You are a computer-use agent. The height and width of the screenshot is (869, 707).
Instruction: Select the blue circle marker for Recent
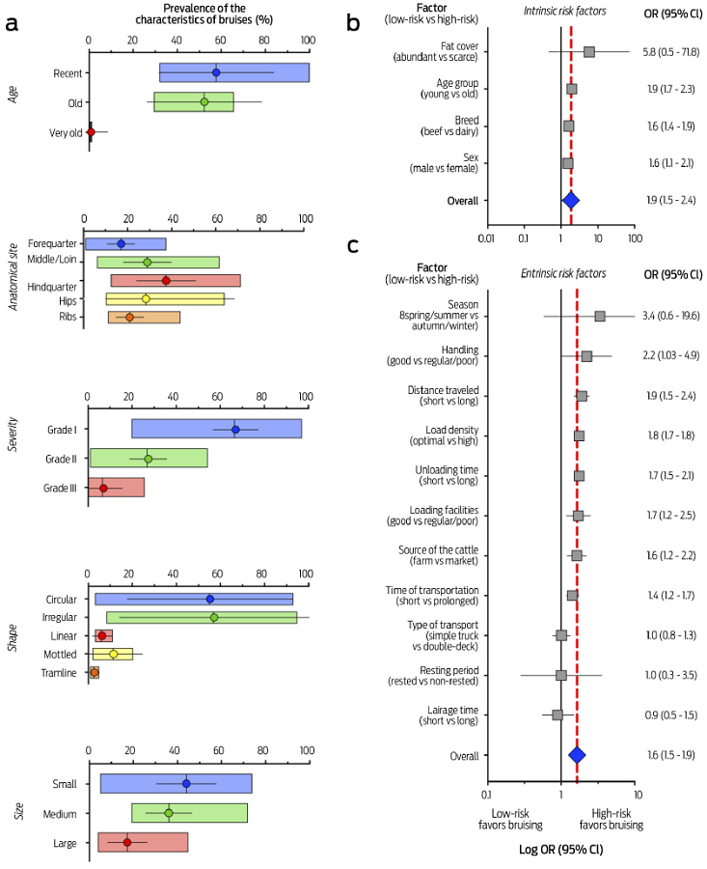coord(216,72)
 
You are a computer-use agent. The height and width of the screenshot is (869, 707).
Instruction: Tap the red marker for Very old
coord(91,131)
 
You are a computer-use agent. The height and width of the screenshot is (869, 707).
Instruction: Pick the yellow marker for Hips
coord(146,299)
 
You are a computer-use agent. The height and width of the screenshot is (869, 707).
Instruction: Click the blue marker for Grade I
coord(235,430)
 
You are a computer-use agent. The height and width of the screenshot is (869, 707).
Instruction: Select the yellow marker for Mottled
coord(114,654)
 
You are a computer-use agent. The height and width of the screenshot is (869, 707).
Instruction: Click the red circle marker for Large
coord(127,842)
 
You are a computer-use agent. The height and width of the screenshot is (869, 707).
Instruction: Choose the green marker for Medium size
coord(169,813)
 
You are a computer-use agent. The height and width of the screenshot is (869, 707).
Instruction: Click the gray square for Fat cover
coord(589,51)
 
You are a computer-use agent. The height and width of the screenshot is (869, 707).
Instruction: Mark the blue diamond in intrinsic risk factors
coord(570,200)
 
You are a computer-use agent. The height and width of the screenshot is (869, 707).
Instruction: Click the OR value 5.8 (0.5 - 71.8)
coord(673,51)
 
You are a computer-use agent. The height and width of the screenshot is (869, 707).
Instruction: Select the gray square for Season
coord(600,316)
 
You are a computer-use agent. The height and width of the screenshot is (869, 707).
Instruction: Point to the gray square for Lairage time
coord(557,715)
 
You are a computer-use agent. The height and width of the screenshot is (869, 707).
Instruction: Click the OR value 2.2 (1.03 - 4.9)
coord(673,356)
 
